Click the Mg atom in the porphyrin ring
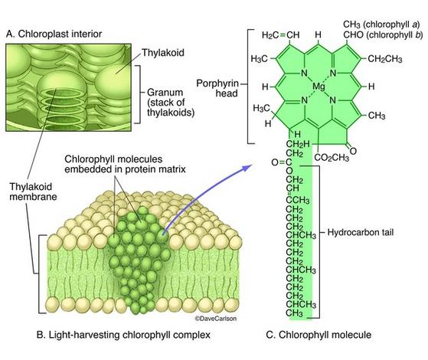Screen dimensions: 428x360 319,87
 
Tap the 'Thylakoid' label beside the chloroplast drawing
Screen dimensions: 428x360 163,52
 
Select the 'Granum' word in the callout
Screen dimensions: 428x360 165,93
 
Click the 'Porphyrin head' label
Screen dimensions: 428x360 217,88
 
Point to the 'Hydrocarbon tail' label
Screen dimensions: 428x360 361,232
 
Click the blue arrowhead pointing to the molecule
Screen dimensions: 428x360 247,167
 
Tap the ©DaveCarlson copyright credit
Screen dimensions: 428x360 216,319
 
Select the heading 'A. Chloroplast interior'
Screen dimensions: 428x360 54,34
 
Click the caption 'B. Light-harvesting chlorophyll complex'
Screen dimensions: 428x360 123,335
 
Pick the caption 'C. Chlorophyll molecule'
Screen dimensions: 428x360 319,335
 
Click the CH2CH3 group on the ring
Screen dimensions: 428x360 385,59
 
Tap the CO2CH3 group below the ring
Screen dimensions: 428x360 332,158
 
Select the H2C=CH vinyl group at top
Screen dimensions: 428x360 280,35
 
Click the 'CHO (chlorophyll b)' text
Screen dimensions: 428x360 383,35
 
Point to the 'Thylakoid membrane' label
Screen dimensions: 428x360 33,191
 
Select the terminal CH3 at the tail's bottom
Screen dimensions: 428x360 295,313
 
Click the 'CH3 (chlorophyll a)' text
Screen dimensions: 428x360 381,25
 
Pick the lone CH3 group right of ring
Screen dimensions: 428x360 377,116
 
